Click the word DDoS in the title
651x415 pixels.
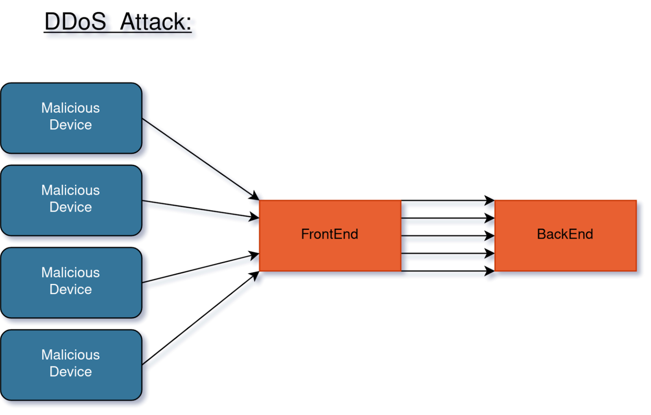coord(75,22)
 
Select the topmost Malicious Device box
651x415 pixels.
coord(71,118)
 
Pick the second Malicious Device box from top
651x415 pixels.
coord(71,200)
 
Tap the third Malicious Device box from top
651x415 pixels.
coord(71,282)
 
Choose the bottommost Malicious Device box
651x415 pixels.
coord(71,365)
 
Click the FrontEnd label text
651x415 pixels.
coord(330,234)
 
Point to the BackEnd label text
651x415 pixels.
coord(565,234)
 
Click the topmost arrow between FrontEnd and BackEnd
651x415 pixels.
coord(448,200)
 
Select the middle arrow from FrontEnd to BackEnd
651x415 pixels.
coord(448,236)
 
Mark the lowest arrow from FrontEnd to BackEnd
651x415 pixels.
coord(448,271)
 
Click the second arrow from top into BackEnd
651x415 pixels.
coord(448,218)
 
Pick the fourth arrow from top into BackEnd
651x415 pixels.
coord(448,254)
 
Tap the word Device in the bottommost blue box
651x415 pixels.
coord(71,372)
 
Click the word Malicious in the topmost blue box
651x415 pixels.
coord(70,108)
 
